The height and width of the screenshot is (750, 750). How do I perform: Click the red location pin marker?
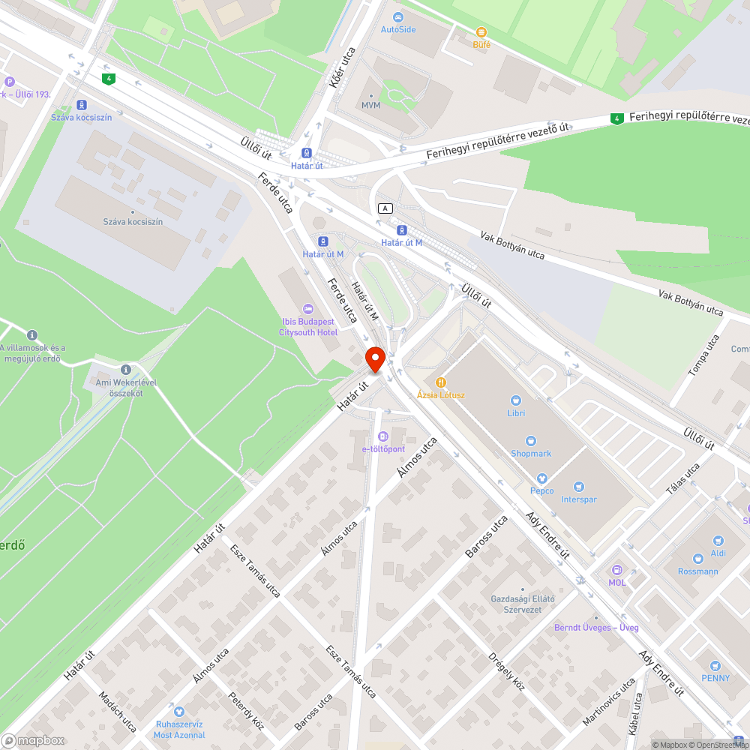[x=375, y=358]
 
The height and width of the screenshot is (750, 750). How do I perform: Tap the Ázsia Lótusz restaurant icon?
[x=441, y=382]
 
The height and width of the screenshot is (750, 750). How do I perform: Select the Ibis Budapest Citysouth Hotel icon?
[x=307, y=309]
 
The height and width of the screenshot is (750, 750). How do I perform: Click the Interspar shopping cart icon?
[x=578, y=487]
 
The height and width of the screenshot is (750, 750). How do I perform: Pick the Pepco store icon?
[x=541, y=478]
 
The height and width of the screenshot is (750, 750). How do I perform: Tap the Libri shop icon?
[x=515, y=400]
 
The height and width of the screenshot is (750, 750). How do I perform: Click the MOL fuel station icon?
[x=616, y=570]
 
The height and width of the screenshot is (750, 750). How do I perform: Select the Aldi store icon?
[x=718, y=541]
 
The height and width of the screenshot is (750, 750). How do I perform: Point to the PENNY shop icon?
[x=715, y=666]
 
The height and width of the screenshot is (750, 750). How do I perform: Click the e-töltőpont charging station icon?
[x=383, y=436]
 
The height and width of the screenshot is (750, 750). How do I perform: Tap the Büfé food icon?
[x=481, y=32]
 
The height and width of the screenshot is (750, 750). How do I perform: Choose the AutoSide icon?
[x=397, y=16]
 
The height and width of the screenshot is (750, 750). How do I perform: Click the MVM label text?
[x=371, y=105]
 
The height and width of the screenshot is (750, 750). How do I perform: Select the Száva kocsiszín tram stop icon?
[x=81, y=106]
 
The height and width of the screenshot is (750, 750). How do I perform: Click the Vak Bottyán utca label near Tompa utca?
[x=691, y=301]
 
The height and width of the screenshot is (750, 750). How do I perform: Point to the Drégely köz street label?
[x=507, y=670]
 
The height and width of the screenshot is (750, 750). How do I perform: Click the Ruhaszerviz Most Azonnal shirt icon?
[x=178, y=711]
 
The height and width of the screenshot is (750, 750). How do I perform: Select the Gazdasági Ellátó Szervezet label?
[x=522, y=604]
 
